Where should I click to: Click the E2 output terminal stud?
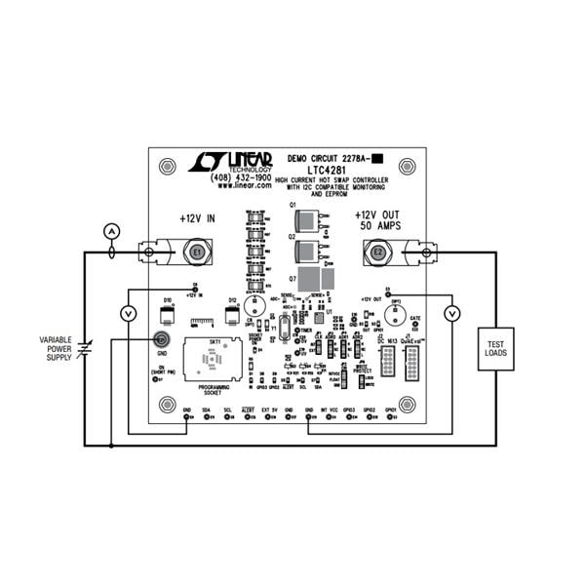click(x=378, y=252)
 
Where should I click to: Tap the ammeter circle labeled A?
click(x=111, y=231)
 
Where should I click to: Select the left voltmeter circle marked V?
click(x=126, y=312)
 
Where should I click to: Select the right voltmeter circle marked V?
click(x=451, y=312)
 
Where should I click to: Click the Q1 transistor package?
click(x=312, y=219)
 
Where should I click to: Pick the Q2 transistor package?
click(x=312, y=251)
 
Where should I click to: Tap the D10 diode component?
click(x=167, y=315)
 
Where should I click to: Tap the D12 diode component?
click(x=232, y=315)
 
